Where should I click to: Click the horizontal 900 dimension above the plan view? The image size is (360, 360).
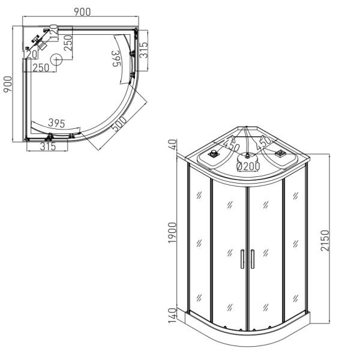click(82, 12)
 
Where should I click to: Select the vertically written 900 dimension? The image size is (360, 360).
click(8, 84)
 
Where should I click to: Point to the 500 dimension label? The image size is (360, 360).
click(119, 124)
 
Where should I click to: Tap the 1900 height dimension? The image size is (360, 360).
click(172, 233)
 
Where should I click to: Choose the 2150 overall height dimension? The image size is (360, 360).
click(325, 241)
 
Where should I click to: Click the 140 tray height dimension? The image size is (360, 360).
click(172, 316)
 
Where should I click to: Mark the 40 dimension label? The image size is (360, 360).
click(173, 145)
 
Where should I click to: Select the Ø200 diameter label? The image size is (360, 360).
click(248, 166)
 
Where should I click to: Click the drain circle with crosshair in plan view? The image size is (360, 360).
click(56, 59)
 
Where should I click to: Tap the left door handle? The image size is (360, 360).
click(242, 259)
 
